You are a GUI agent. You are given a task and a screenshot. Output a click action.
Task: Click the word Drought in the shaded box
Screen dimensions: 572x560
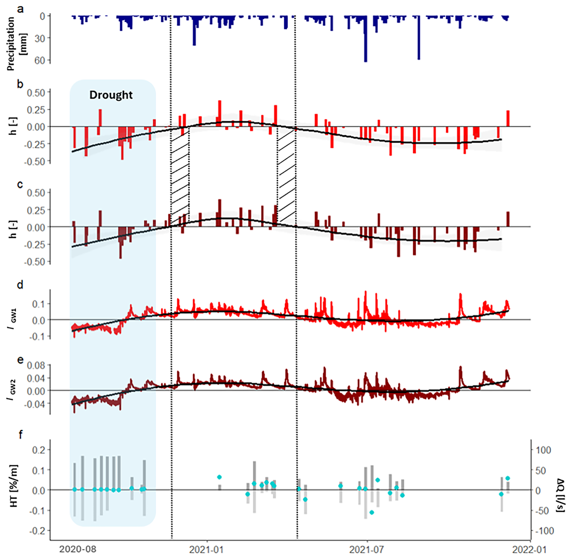(111, 95)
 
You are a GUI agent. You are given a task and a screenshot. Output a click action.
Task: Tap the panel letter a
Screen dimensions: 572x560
(20, 9)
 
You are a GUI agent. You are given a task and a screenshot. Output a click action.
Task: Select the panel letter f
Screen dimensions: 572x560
(21, 434)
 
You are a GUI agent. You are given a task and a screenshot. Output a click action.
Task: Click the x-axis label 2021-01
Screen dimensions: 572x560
(206, 549)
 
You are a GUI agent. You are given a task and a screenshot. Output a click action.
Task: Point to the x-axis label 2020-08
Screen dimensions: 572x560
(78, 549)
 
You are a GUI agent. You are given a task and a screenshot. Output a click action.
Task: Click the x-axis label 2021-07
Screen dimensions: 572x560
(367, 549)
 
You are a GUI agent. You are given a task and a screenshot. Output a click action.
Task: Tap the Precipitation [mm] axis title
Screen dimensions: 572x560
(17, 44)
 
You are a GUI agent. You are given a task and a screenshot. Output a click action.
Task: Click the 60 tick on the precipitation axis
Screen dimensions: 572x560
(40, 60)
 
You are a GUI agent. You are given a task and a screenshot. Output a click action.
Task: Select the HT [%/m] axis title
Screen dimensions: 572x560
(14, 486)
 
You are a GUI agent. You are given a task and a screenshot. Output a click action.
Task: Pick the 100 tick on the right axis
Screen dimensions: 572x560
(543, 450)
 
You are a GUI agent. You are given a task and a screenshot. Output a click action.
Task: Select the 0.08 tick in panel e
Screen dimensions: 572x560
(36, 366)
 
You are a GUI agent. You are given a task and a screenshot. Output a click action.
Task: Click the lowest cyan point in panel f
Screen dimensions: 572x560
(372, 512)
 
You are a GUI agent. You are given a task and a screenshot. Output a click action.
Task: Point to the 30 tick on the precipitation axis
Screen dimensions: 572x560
(40, 38)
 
